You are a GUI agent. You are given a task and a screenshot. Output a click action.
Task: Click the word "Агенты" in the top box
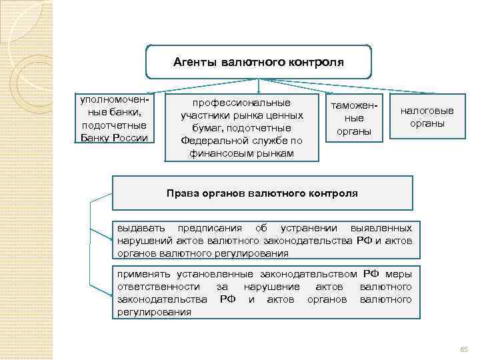(194, 63)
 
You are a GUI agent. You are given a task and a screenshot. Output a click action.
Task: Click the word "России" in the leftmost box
(131, 138)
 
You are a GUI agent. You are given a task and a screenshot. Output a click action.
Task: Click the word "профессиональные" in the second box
(241, 103)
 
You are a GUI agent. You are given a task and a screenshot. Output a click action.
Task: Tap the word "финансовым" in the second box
(225, 153)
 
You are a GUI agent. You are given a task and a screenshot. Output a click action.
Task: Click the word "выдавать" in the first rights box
(138, 229)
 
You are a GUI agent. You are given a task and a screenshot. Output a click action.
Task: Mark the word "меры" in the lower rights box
(398, 274)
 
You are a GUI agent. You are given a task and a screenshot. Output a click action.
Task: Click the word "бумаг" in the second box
(204, 128)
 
